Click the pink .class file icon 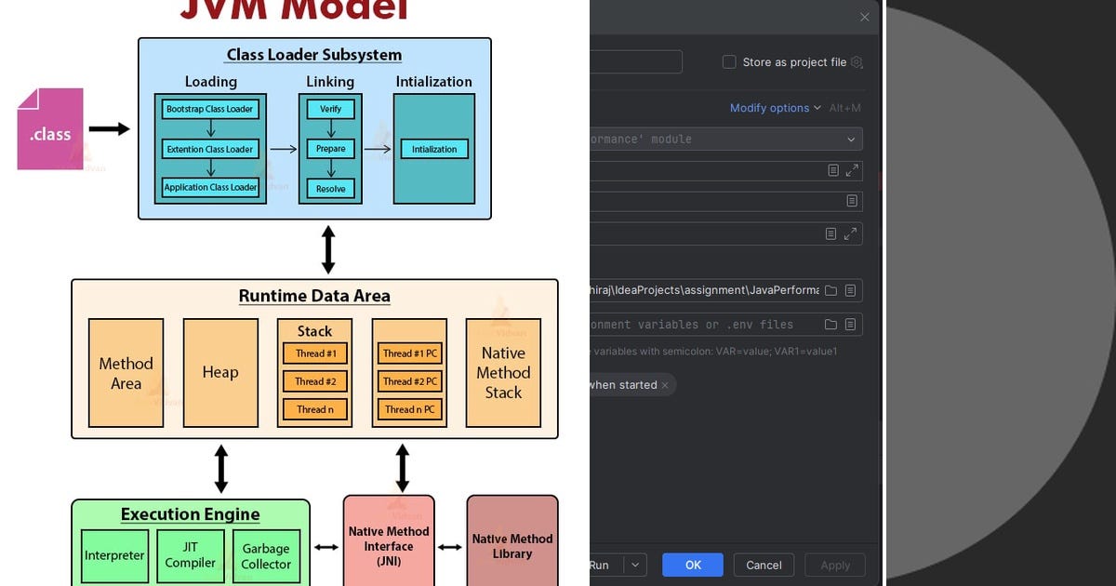pyautogui.click(x=50, y=129)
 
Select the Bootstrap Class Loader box pyautogui.click(x=210, y=109)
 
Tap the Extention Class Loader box pyautogui.click(x=210, y=149)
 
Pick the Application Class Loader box pyautogui.click(x=210, y=187)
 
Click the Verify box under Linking pyautogui.click(x=330, y=109)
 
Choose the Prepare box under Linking pyautogui.click(x=330, y=149)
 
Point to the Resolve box pyautogui.click(x=330, y=189)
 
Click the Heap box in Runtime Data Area pyautogui.click(x=220, y=373)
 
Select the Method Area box pyautogui.click(x=126, y=373)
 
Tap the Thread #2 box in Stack pyautogui.click(x=314, y=381)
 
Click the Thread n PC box pyautogui.click(x=409, y=409)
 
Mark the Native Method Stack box pyautogui.click(x=503, y=373)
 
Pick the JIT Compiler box pyautogui.click(x=191, y=555)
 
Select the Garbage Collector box pyautogui.click(x=266, y=555)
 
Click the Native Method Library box pyautogui.click(x=511, y=546)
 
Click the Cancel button pyautogui.click(x=764, y=565)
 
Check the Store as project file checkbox pyautogui.click(x=729, y=62)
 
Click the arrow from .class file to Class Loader pyautogui.click(x=109, y=129)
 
